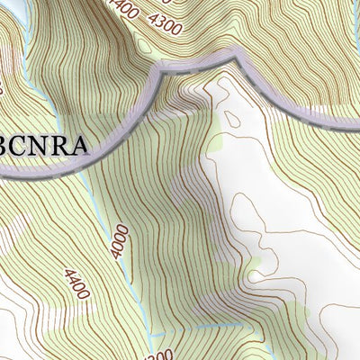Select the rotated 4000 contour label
[119, 241]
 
